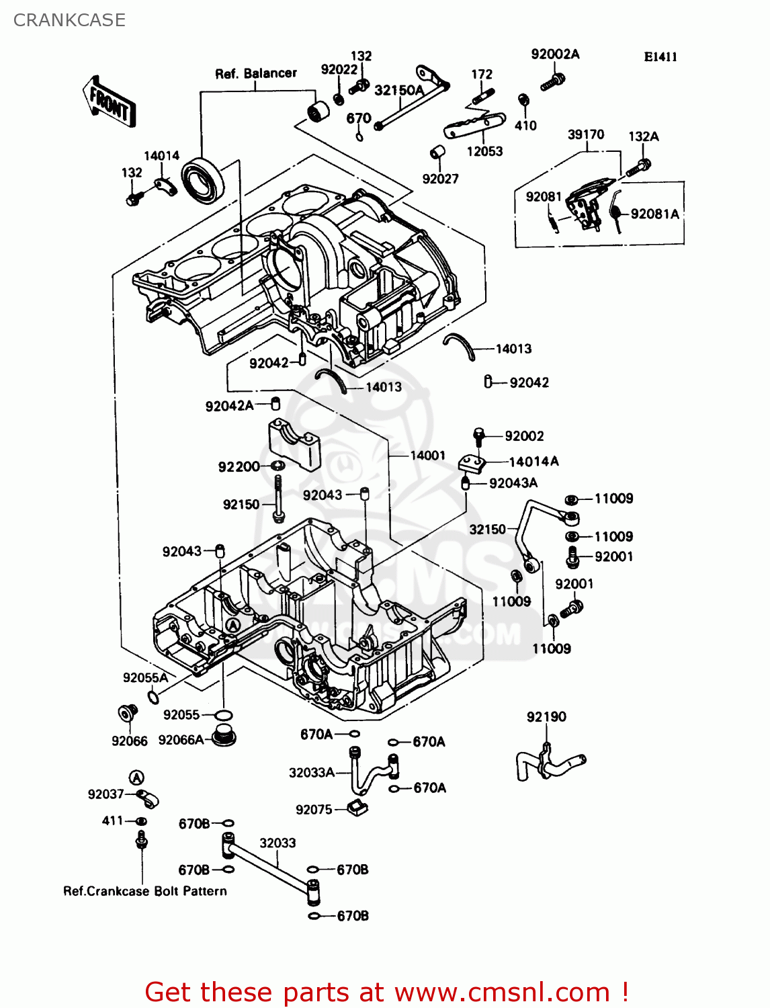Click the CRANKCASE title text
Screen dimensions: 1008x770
(x=69, y=20)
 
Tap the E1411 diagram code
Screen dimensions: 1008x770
(x=660, y=57)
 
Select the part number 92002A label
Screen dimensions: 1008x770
(x=555, y=54)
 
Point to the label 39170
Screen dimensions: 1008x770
(x=586, y=134)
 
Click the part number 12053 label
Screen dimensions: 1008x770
(x=484, y=152)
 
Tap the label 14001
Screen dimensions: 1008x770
(x=428, y=456)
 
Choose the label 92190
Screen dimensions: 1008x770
(x=546, y=717)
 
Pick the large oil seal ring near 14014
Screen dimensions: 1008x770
(x=205, y=179)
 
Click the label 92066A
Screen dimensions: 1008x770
(x=181, y=740)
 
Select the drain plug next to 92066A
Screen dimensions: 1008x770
(x=224, y=737)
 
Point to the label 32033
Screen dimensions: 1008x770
(x=277, y=843)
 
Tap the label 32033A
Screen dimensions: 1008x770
(x=312, y=773)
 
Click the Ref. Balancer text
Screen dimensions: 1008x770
(x=256, y=73)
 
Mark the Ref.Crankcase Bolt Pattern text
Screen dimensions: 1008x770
(x=145, y=891)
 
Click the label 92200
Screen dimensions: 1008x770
(x=239, y=467)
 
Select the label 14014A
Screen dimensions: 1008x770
(x=533, y=462)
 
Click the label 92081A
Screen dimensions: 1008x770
(x=654, y=214)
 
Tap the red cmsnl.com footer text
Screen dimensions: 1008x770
(x=386, y=992)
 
